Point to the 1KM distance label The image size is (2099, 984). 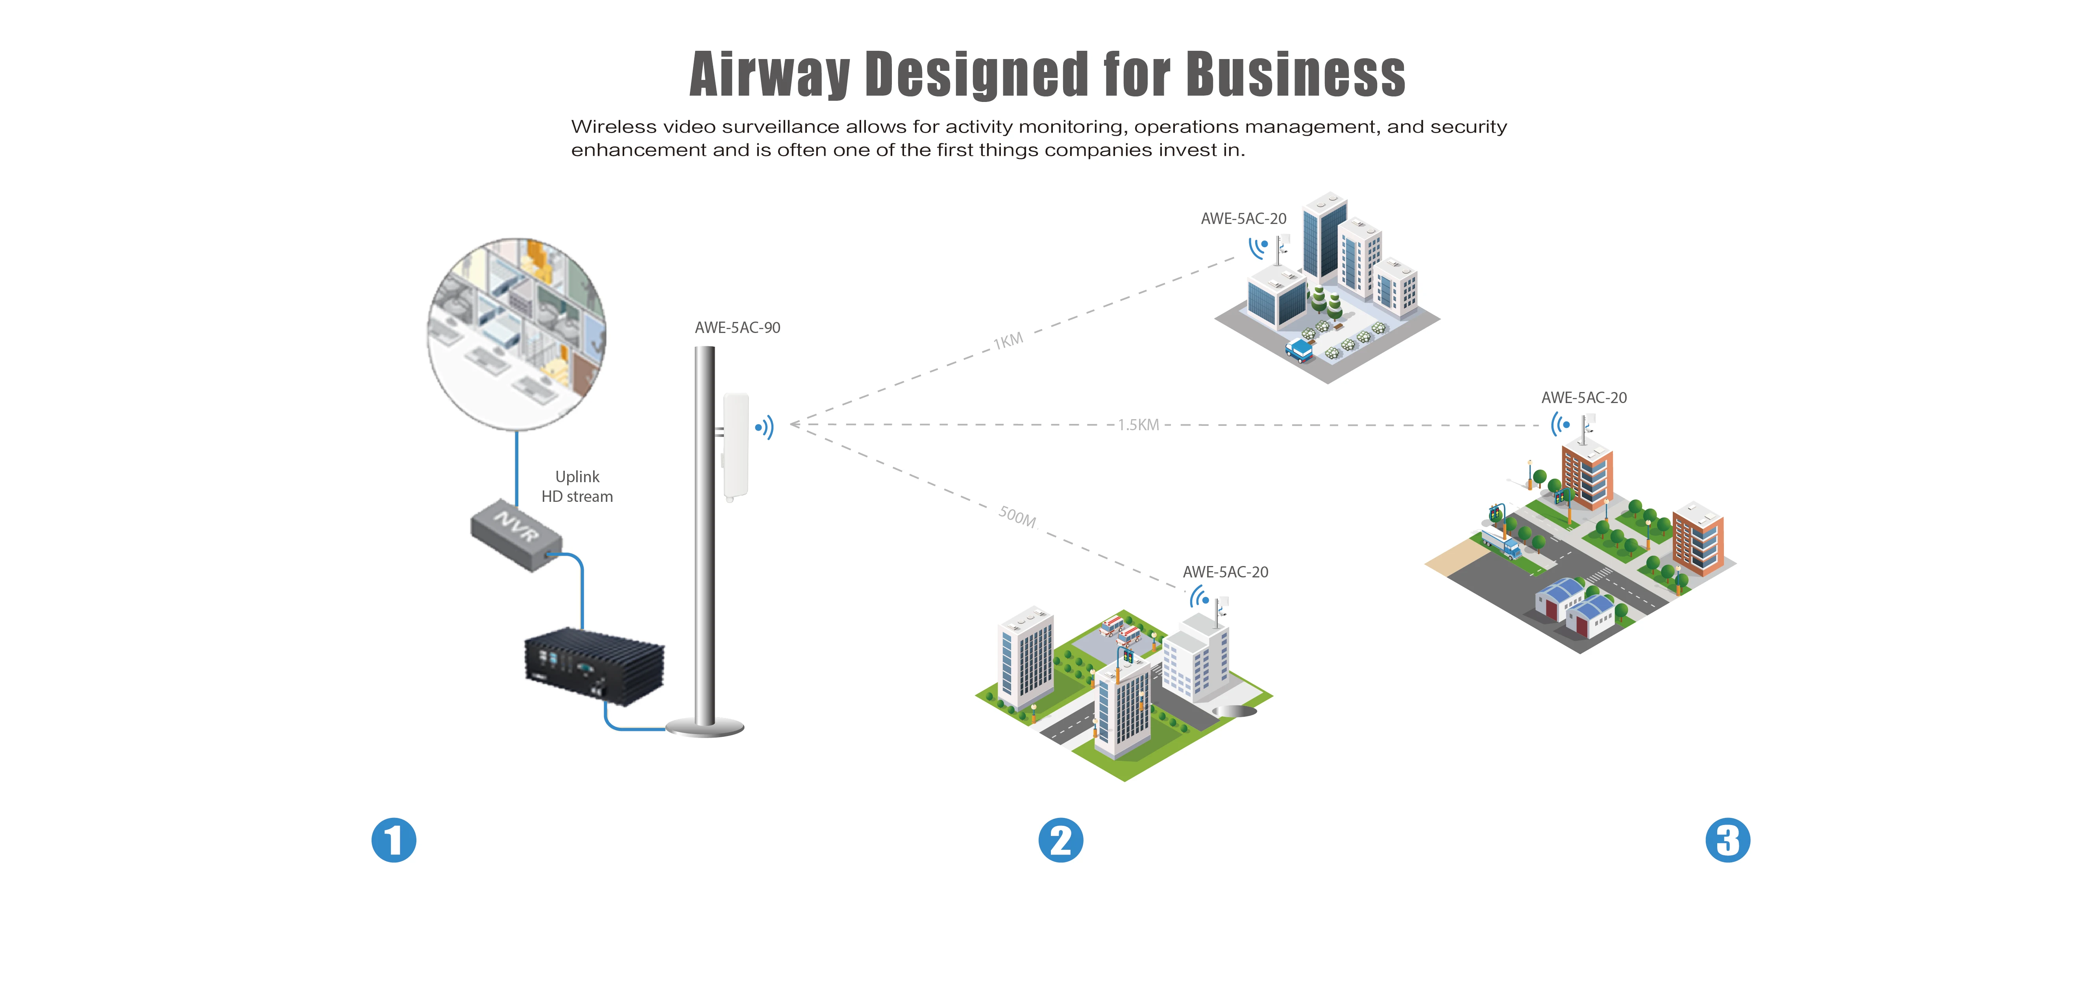1008,340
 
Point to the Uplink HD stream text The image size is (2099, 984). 577,486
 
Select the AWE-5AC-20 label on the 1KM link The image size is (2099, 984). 1243,218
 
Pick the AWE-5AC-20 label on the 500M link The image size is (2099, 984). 1226,572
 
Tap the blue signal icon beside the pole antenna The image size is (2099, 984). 764,427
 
